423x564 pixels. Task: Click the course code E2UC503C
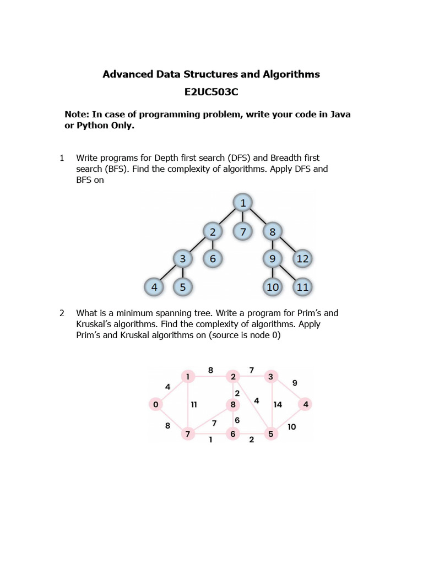(x=211, y=92)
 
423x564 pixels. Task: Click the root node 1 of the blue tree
(x=242, y=203)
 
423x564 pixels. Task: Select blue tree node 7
(x=242, y=231)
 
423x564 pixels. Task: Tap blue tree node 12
(x=302, y=258)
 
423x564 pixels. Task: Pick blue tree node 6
(x=213, y=258)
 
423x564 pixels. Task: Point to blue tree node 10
(x=273, y=287)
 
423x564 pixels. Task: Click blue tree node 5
(x=182, y=287)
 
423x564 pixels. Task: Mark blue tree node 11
(x=302, y=287)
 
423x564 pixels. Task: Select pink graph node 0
(x=156, y=405)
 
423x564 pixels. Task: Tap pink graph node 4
(x=306, y=404)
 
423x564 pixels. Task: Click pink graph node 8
(x=233, y=405)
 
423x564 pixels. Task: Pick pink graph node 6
(x=233, y=434)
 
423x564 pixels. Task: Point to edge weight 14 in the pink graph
(x=278, y=405)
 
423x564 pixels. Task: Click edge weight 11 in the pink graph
(x=194, y=405)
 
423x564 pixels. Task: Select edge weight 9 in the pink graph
(x=294, y=383)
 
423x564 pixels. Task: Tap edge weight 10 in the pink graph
(x=291, y=426)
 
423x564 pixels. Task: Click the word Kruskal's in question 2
(x=95, y=324)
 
